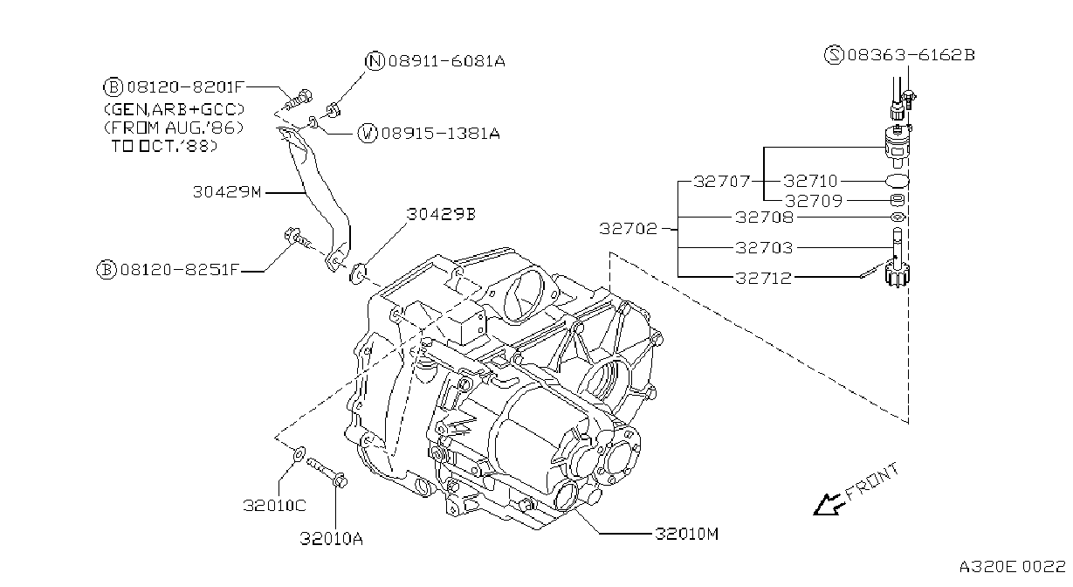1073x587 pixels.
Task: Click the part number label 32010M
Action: point(686,534)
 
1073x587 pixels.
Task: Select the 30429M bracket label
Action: point(227,192)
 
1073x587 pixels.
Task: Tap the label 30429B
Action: point(441,214)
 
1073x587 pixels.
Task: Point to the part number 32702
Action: point(629,229)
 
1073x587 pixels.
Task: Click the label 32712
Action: point(764,278)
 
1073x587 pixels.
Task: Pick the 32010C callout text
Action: point(274,506)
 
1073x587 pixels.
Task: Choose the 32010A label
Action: point(331,539)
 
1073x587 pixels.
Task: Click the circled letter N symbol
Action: point(375,61)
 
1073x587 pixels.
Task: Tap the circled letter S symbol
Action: point(834,55)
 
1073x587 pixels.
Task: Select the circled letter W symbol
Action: point(368,134)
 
